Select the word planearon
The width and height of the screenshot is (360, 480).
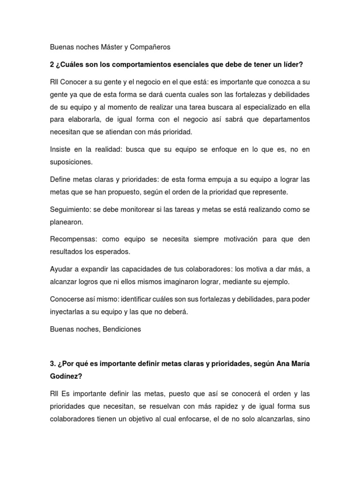66,222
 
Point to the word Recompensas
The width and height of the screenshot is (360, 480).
73,239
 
